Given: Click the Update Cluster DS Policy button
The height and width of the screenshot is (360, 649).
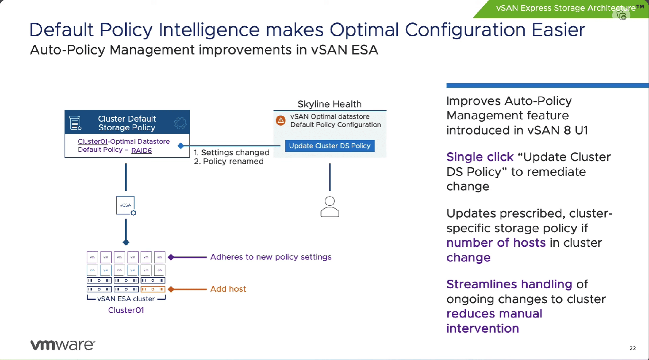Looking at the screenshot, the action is point(330,146).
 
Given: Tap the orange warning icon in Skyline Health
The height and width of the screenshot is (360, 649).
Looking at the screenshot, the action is point(281,121).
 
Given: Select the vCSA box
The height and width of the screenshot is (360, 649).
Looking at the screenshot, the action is point(126,205).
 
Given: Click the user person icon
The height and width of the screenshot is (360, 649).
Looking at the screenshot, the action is point(330,207).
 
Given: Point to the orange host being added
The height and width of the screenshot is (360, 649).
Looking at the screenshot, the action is point(153,289).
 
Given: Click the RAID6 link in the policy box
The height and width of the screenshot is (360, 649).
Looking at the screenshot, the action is point(141,150).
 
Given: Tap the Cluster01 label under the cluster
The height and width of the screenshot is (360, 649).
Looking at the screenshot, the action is point(126,310).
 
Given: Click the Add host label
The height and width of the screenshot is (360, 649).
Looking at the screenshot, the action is point(228,289).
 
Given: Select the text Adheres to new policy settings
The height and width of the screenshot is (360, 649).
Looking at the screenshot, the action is point(271,257).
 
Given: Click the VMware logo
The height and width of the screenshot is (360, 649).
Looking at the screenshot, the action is point(63,345).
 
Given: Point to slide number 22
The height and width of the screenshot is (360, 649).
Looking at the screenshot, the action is point(632,348).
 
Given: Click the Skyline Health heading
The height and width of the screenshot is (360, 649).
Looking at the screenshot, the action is point(329,104).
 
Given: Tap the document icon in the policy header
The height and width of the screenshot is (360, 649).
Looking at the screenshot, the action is point(75,123).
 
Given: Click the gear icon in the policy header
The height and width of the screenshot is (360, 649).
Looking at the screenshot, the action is point(180,123).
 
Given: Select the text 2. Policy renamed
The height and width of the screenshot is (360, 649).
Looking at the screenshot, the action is point(228,161).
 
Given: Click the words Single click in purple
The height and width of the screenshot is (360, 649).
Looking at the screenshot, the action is point(480,157).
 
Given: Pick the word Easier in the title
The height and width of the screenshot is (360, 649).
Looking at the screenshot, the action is point(558,30).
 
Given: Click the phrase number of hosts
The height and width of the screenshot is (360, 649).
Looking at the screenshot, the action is point(496,243).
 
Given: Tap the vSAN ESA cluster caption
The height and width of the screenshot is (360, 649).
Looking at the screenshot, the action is point(126,299).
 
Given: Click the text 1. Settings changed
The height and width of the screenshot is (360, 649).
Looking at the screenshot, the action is point(231,152).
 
